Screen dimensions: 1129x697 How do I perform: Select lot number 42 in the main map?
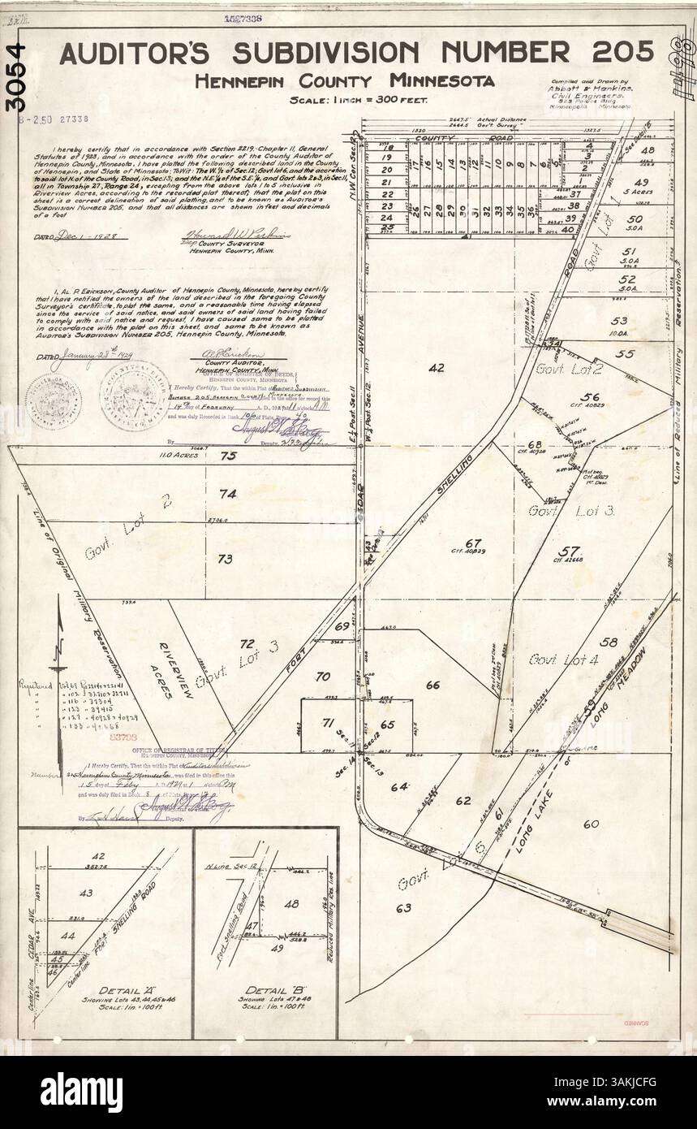437,368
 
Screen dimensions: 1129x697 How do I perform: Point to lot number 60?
590,824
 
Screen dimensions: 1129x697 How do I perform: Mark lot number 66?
432,685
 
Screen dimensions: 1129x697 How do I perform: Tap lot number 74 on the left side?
227,493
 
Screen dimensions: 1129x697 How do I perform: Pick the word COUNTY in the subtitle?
335,80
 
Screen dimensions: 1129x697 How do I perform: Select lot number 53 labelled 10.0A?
621,320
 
